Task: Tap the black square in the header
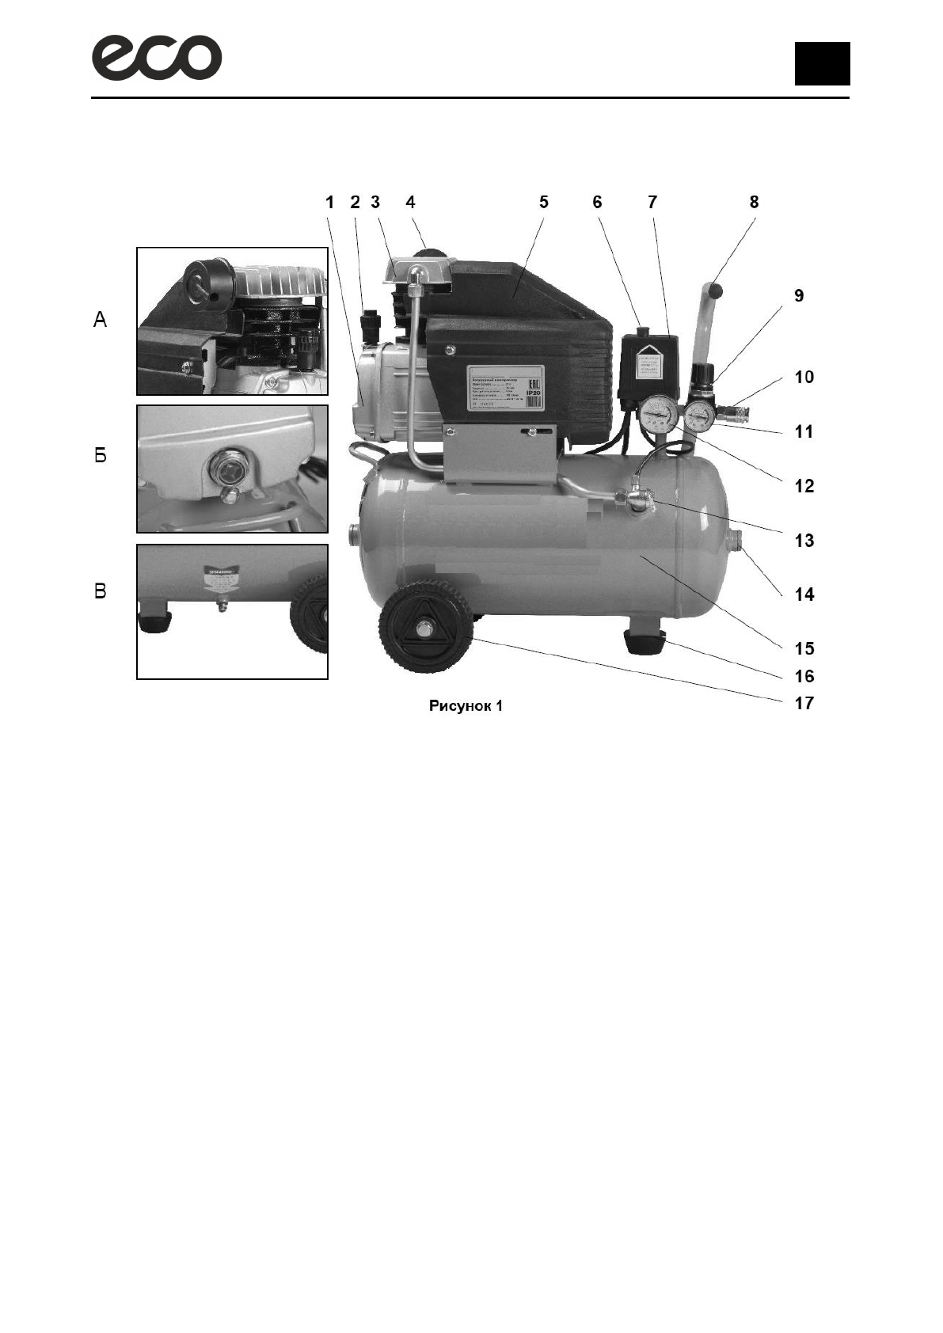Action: (x=822, y=63)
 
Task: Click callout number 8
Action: (x=754, y=203)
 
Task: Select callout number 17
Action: (x=804, y=703)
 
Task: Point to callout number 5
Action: (x=544, y=203)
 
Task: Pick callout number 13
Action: (x=804, y=541)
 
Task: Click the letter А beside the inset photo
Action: (x=101, y=321)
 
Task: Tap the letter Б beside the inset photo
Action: (x=101, y=456)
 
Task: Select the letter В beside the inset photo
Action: (x=101, y=591)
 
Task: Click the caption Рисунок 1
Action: (x=466, y=705)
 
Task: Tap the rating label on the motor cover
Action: (x=504, y=388)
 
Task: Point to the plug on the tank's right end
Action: (x=734, y=541)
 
